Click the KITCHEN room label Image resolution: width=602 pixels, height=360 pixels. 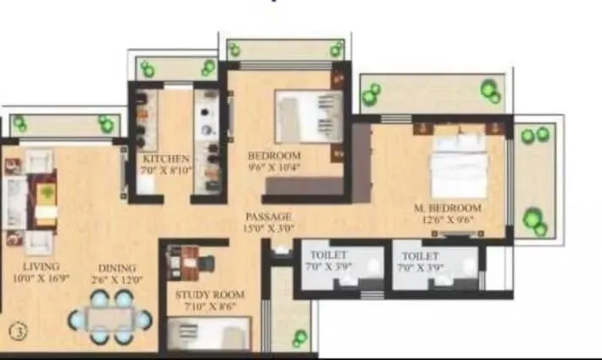pos(166,158)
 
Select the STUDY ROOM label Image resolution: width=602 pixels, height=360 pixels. pos(210,295)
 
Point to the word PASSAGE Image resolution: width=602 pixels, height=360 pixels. pos(269,216)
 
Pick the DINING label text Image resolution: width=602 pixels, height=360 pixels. pos(112,265)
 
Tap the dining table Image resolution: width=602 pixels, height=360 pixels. pos(111,319)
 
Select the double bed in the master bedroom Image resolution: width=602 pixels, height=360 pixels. pos(459,166)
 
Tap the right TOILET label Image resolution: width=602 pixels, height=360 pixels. pos(420,254)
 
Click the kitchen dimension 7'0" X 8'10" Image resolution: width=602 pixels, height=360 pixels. pos(166,169)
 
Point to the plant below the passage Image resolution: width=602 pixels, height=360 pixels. pos(300,339)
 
